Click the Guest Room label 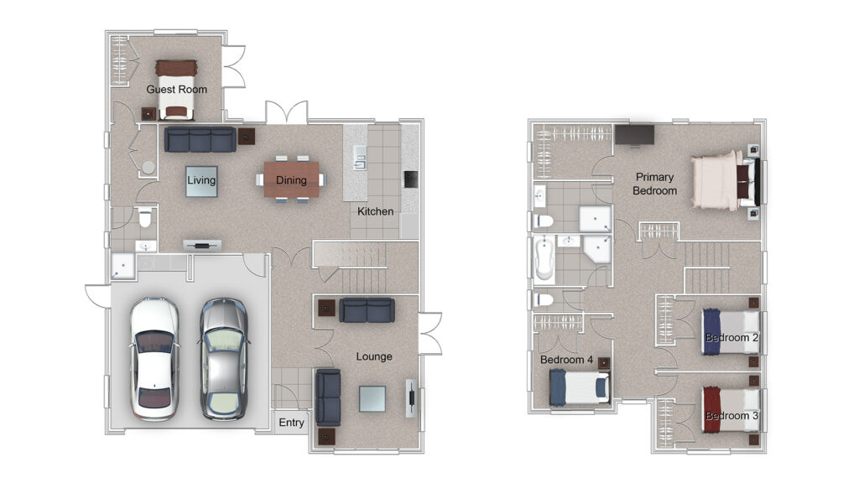176,89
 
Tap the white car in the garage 154,359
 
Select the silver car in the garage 223,359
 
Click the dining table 291,179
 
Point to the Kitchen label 375,211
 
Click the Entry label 291,423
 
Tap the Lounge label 374,356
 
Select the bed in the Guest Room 176,90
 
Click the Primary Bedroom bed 725,181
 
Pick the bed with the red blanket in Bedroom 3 731,409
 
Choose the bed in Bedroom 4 580,387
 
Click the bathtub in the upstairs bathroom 544,258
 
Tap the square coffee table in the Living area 201,181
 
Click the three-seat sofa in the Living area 200,140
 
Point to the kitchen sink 360,157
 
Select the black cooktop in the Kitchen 410,179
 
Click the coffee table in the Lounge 372,398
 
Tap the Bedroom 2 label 731,337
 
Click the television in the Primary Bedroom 634,135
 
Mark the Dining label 291,179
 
